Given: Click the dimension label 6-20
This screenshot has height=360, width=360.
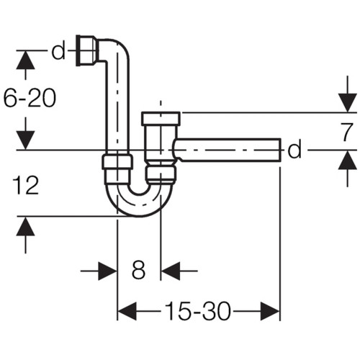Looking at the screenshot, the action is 30,98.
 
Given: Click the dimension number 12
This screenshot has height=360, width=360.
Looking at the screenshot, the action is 26,185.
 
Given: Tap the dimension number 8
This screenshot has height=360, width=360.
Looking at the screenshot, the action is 138,270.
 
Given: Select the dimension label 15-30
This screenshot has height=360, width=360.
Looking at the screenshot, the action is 198,311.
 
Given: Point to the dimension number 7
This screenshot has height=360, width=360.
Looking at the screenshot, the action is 346,132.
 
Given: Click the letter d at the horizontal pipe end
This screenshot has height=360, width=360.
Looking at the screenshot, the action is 294,150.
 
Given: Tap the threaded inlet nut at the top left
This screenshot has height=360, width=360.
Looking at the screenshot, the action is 87,50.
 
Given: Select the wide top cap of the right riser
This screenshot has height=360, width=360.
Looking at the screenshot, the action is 161,119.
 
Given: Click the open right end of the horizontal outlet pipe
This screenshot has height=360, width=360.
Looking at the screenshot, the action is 280,150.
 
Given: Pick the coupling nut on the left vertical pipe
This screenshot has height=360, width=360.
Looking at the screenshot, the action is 117,162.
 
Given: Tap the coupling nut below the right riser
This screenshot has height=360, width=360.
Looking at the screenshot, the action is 161,174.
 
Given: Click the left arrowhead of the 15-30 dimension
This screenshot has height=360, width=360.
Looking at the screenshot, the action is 127,311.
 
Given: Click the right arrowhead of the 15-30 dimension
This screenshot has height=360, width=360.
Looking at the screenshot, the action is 270,311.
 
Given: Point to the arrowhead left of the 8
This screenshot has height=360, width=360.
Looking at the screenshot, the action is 107,271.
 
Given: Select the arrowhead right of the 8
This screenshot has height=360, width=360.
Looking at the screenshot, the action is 171,271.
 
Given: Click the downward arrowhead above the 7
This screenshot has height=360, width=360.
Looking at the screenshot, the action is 348,103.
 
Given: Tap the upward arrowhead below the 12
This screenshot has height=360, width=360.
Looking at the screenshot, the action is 25,227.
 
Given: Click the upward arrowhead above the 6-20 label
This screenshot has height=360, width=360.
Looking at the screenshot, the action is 25,60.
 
